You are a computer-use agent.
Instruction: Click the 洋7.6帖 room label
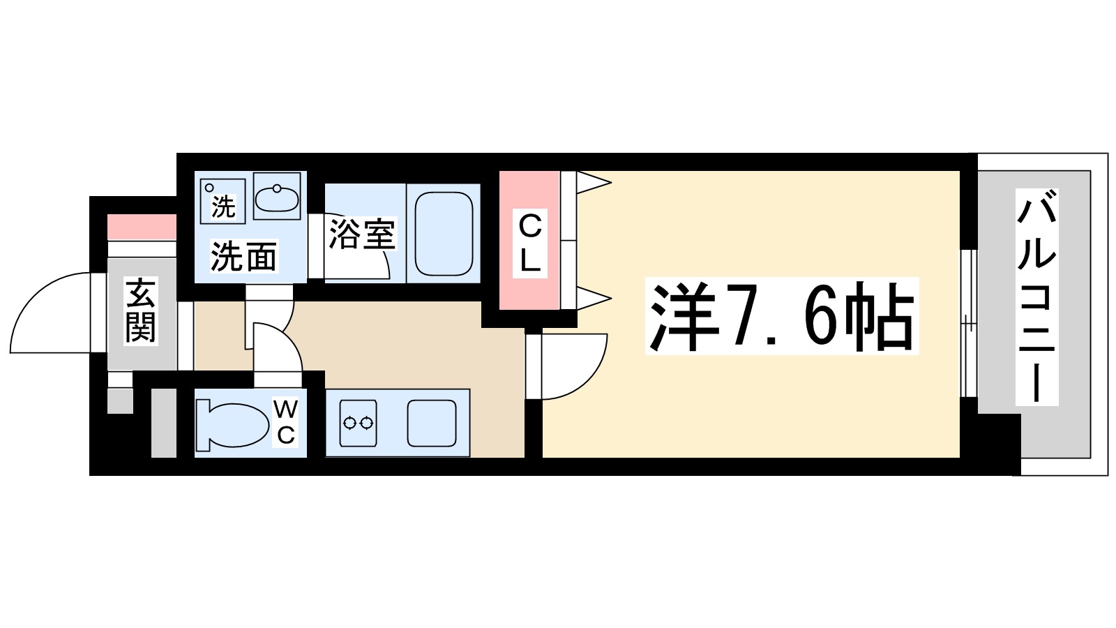tap(781, 316)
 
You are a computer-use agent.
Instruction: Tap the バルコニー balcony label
tap(1036, 298)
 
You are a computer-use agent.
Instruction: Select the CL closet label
tap(530, 243)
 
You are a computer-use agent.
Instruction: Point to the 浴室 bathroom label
tap(362, 234)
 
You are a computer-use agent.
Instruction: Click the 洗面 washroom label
tap(243, 257)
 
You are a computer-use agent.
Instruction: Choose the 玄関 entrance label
tap(140, 310)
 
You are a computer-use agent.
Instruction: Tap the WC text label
tap(286, 421)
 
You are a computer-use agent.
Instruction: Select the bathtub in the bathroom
tap(444, 234)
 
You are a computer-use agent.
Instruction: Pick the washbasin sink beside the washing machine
tap(277, 197)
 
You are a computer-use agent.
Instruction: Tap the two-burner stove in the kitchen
tap(358, 423)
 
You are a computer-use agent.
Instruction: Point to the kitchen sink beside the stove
tap(432, 423)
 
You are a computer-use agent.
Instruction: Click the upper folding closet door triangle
tap(593, 183)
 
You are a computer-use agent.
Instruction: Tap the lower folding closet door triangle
tap(593, 299)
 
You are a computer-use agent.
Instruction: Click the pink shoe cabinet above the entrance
tap(142, 227)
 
